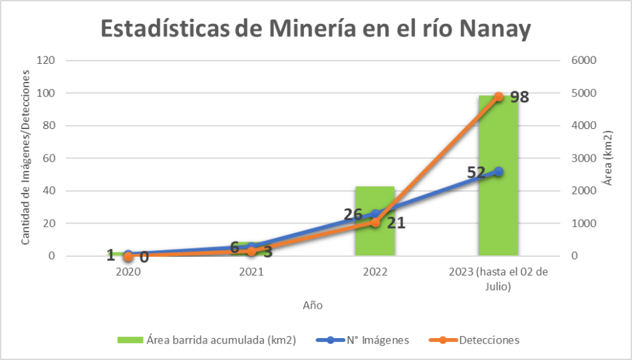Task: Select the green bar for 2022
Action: coord(375,233)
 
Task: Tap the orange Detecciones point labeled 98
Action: coord(498,97)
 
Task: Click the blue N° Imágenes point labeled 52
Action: coord(498,172)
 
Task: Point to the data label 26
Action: coord(353,214)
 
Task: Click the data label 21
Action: coord(396,223)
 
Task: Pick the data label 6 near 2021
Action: coord(234,247)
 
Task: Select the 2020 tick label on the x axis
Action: coord(128,272)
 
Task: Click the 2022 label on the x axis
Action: coord(375,272)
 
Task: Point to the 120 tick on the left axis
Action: coord(46,61)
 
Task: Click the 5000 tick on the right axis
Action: coord(584,93)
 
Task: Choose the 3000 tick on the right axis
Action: coord(584,158)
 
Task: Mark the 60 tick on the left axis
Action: coord(49,158)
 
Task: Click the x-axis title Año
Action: coord(313,305)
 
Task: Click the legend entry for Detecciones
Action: coord(489,340)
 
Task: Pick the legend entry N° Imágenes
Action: coord(377,340)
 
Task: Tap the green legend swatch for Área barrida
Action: coord(131,340)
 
